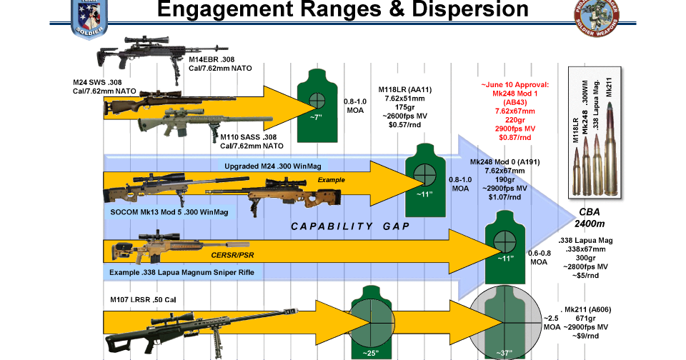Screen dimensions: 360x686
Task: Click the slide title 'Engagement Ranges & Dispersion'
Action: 342,10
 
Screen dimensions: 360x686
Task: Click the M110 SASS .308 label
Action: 252,141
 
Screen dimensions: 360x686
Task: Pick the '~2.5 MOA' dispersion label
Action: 551,322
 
